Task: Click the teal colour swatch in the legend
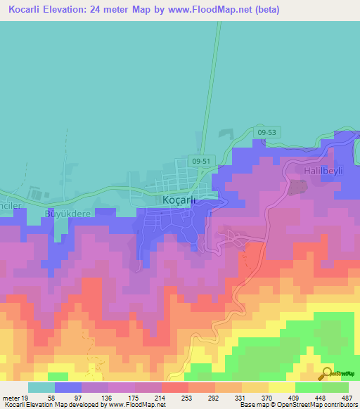(41, 387)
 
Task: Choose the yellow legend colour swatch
(281, 387)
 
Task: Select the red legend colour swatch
(174, 387)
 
